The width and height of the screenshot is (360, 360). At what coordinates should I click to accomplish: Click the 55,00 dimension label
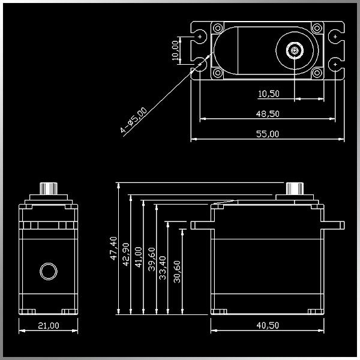pyautogui.click(x=268, y=134)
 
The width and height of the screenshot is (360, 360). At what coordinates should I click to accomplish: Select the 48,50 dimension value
pyautogui.click(x=268, y=114)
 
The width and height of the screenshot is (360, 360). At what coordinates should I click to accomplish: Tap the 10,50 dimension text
pyautogui.click(x=269, y=94)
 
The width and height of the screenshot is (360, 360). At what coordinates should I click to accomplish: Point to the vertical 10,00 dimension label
pyautogui.click(x=175, y=50)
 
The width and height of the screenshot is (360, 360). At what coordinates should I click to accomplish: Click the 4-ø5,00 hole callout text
pyautogui.click(x=133, y=120)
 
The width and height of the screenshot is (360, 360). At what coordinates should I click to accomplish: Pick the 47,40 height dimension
pyautogui.click(x=113, y=248)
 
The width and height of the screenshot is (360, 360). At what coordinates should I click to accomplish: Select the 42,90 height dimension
pyautogui.click(x=126, y=254)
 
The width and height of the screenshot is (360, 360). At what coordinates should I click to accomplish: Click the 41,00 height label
pyautogui.click(x=139, y=257)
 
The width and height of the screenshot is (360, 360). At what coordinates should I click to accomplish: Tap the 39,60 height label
pyautogui.click(x=152, y=259)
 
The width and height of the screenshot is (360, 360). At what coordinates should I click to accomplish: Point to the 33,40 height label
pyautogui.click(x=163, y=268)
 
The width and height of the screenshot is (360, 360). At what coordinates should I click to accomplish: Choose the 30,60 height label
pyautogui.click(x=177, y=272)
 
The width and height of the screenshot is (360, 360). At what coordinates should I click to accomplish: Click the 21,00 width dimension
pyautogui.click(x=49, y=325)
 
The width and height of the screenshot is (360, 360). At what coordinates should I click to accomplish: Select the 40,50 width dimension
pyautogui.click(x=268, y=325)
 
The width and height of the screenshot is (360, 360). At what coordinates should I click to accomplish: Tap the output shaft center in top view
pyautogui.click(x=295, y=50)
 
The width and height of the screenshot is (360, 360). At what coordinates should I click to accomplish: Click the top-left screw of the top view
pyautogui.click(x=218, y=28)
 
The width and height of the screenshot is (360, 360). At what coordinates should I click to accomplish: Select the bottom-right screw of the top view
pyautogui.click(x=317, y=73)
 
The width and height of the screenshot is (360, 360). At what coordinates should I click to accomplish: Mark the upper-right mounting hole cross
pyautogui.click(x=335, y=37)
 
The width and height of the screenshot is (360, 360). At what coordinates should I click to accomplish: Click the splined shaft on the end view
pyautogui.click(x=49, y=188)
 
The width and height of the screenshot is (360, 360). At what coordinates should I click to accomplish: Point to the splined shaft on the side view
pyautogui.click(x=295, y=188)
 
